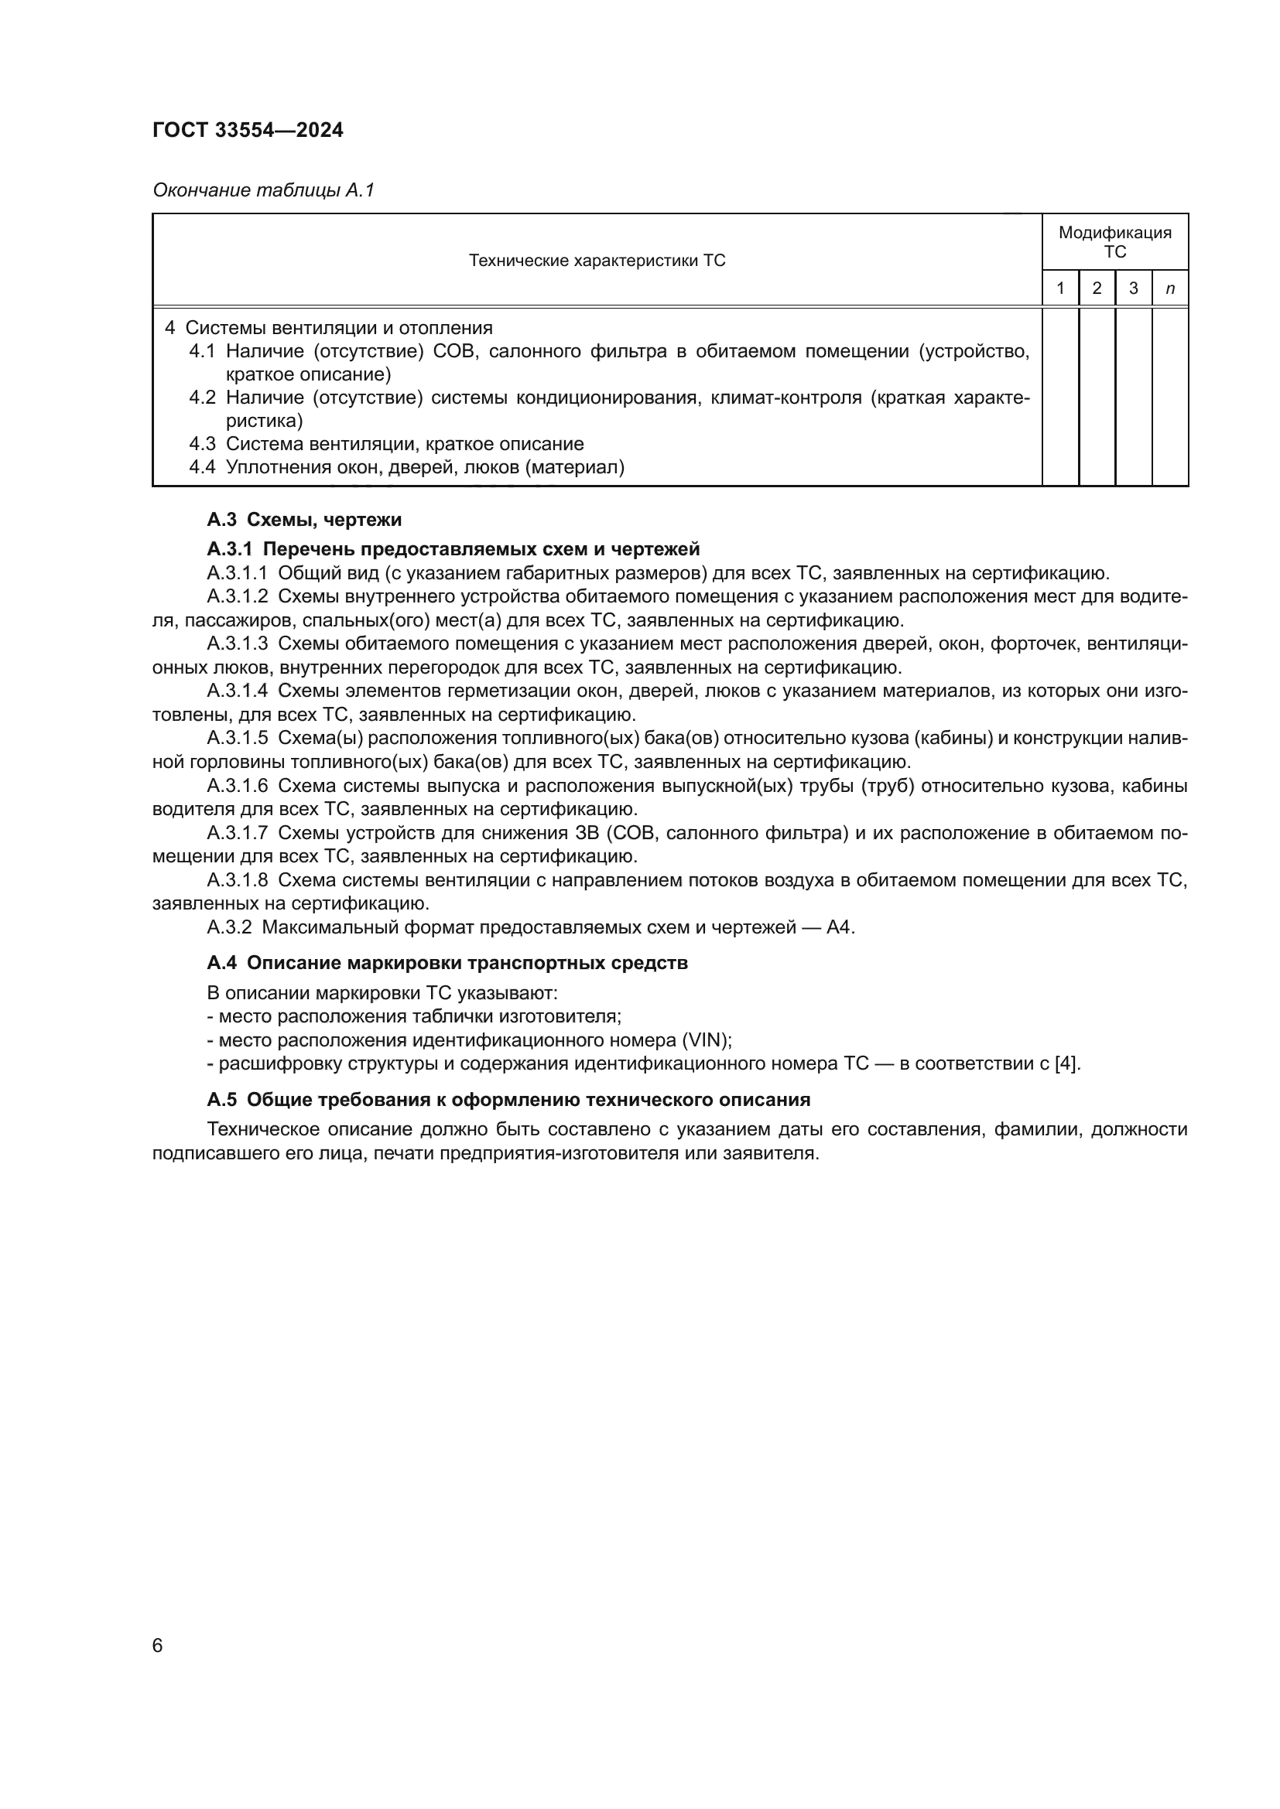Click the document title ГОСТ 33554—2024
tap(248, 131)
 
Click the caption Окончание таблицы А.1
tap(263, 190)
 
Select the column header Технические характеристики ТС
tap(597, 261)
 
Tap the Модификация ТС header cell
tap(1114, 242)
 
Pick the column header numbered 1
tap(1060, 288)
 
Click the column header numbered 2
tap(1097, 288)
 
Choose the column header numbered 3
tap(1134, 288)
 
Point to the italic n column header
tap(1169, 289)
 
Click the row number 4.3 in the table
tap(202, 444)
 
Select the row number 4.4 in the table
tap(202, 467)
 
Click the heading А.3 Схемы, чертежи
tap(304, 519)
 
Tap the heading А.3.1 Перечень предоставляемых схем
tap(453, 548)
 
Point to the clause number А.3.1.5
tap(238, 739)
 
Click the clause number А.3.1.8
tap(238, 880)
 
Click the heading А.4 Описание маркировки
tap(447, 963)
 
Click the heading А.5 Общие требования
tap(508, 1099)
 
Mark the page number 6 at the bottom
tap(158, 1646)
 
